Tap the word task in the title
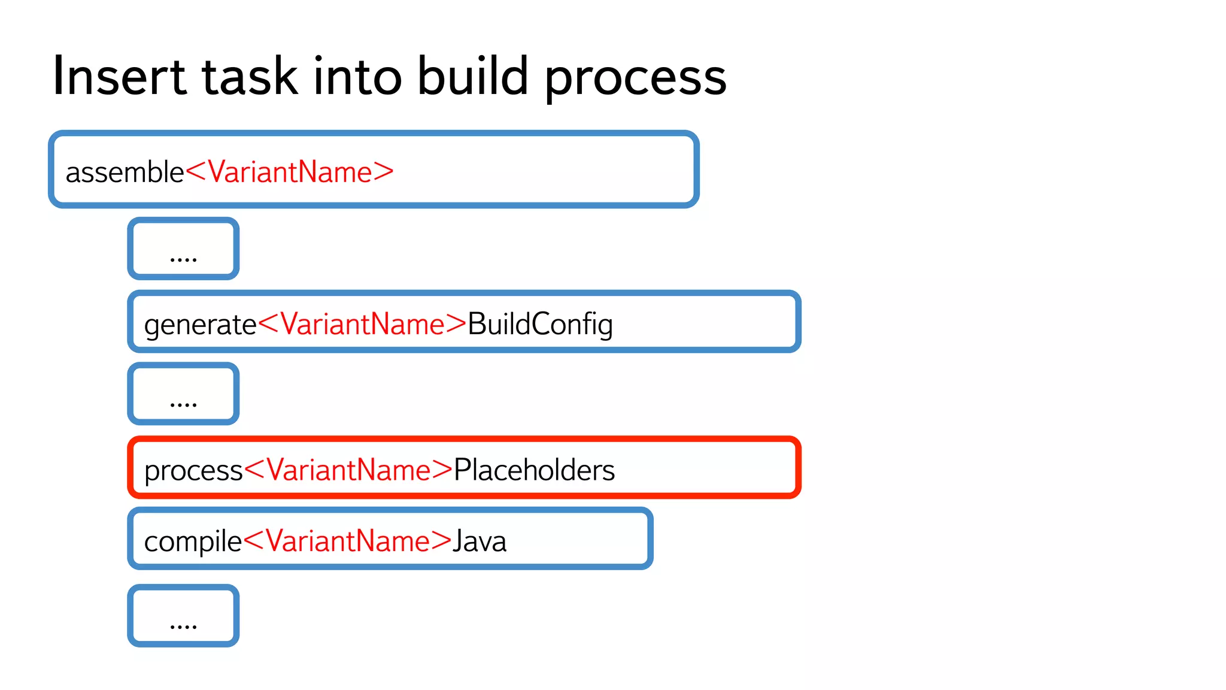tap(250, 77)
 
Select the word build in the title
tap(472, 77)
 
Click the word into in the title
tap(357, 77)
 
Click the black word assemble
tap(125, 172)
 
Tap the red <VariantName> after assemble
tap(290, 172)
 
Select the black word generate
tap(200, 325)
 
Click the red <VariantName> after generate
tap(362, 325)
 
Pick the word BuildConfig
tap(540, 325)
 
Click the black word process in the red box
tap(193, 471)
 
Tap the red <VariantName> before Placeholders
tap(348, 470)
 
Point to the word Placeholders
tap(534, 470)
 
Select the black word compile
tap(193, 542)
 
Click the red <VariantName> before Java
tap(347, 541)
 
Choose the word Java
tap(480, 542)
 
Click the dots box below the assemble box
tap(183, 249)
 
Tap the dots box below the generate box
tap(183, 394)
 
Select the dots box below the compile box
tap(183, 616)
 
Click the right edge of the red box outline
tap(798, 467)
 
